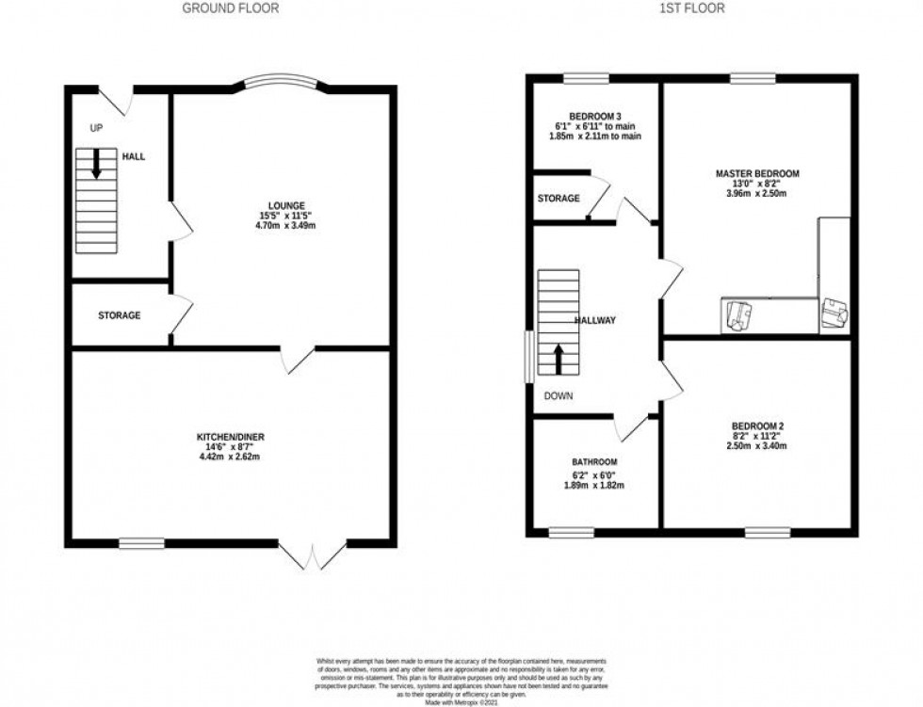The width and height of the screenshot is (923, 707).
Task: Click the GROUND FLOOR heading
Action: (x=230, y=8)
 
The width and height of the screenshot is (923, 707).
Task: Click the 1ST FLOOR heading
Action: (x=691, y=8)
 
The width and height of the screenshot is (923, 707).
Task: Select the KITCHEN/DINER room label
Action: (x=230, y=438)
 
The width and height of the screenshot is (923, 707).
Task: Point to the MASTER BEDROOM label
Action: (x=757, y=174)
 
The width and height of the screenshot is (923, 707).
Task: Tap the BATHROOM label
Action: (x=593, y=461)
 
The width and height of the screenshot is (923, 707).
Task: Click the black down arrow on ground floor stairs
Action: (x=96, y=166)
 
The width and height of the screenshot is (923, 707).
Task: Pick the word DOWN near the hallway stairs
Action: (x=558, y=396)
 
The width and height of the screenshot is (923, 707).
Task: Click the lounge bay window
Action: (x=281, y=81)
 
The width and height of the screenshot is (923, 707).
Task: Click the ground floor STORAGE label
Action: (x=120, y=315)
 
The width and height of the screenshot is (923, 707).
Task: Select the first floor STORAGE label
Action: (x=559, y=199)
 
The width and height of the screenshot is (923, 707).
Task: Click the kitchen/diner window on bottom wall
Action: (x=141, y=542)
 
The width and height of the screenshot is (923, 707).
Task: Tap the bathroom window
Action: (x=566, y=532)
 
